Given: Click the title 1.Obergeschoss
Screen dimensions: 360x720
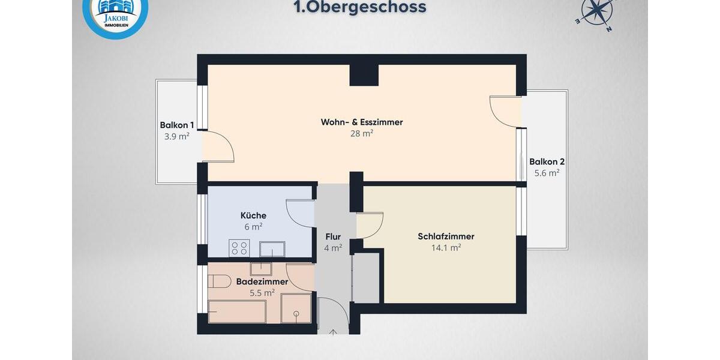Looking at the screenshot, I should (359, 7).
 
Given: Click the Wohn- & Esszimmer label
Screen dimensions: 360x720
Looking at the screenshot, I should (362, 122).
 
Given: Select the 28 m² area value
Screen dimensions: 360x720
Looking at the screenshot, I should (362, 133).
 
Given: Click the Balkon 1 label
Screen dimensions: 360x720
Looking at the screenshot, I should (176, 125).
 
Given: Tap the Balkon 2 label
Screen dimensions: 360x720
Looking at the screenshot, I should (547, 161).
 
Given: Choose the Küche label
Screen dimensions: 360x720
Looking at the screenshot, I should (253, 215).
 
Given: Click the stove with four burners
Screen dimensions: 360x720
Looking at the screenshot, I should (239, 248).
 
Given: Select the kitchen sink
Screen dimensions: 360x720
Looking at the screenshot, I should (272, 248).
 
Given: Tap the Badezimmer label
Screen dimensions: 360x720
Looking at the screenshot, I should (262, 281).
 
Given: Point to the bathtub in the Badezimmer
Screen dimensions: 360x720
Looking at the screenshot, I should (237, 311).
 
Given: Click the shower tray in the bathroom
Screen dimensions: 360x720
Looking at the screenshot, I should (296, 308).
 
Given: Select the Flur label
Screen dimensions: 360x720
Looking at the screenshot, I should (333, 236).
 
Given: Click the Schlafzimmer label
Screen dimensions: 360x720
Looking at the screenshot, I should (446, 236).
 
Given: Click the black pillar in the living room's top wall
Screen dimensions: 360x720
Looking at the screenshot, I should (364, 74).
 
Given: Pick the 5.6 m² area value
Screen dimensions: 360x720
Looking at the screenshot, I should (547, 173).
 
